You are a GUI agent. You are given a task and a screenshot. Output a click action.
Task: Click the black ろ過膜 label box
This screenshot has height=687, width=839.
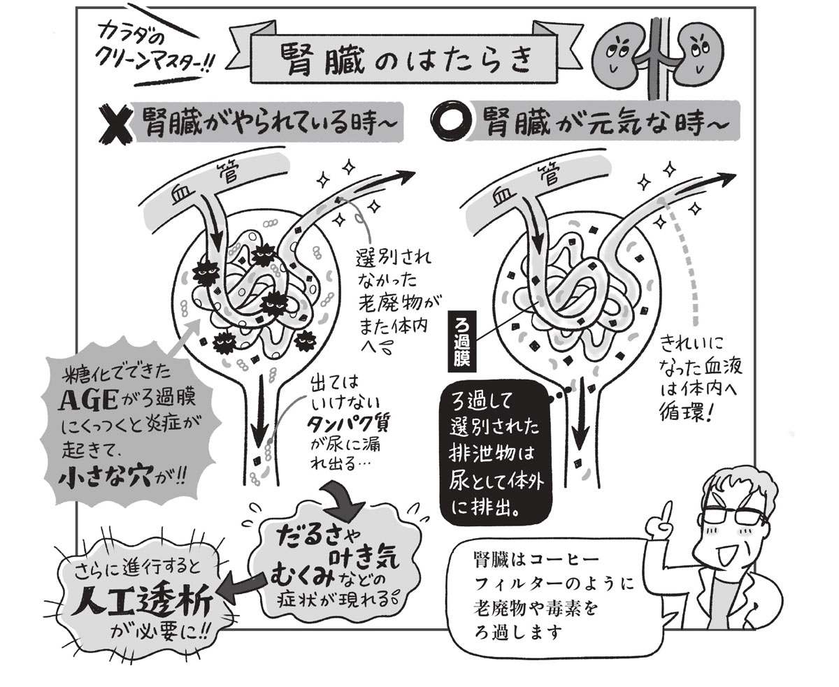tap(461, 342)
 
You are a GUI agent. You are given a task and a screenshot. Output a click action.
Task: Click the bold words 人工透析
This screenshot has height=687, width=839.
tap(142, 605)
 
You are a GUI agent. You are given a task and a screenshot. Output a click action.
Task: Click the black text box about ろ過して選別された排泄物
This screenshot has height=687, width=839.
tap(496, 454)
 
